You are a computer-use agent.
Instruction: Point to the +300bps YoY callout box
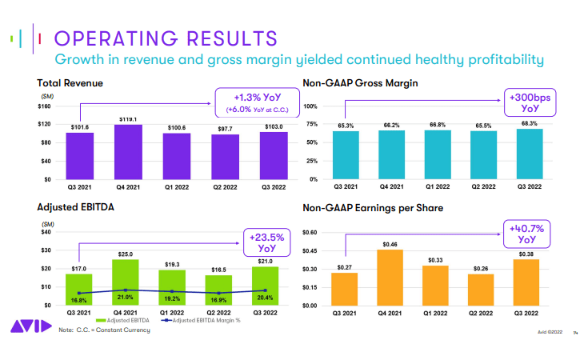(530, 102)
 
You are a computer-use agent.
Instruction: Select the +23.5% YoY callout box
(266, 242)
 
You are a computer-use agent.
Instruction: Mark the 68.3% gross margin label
(530, 123)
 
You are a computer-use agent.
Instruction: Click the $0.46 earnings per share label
(390, 243)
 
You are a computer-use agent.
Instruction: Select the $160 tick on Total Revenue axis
(45, 106)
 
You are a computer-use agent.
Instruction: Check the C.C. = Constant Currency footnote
(105, 330)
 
